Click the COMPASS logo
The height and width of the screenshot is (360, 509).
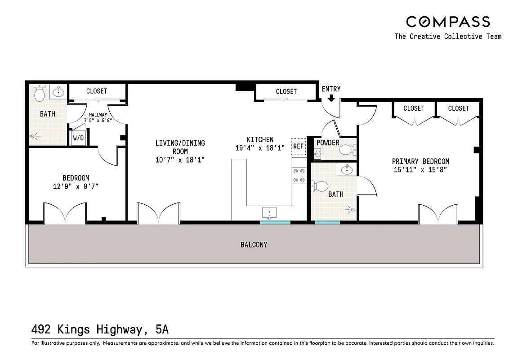point(448,22)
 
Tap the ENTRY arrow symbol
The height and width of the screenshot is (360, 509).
point(331,98)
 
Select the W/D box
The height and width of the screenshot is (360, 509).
point(78,138)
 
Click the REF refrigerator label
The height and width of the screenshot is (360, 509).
point(298,146)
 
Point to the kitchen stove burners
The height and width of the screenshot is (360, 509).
point(299,175)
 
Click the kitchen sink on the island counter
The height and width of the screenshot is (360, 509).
point(270,211)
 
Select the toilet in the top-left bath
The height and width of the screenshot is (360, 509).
point(40,93)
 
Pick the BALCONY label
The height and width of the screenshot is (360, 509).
point(254,245)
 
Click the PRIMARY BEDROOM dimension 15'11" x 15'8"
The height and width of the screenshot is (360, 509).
point(420,170)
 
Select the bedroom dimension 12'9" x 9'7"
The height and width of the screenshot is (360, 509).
point(76,186)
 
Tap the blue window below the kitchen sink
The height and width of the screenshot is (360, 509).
point(275,222)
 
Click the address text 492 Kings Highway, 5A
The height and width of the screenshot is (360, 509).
point(100,329)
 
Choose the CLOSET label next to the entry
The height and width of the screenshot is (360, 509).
point(286,91)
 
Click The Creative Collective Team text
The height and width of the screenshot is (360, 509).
point(448,36)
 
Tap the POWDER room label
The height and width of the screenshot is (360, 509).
point(328,143)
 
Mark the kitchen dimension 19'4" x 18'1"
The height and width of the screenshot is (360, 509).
point(260,148)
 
